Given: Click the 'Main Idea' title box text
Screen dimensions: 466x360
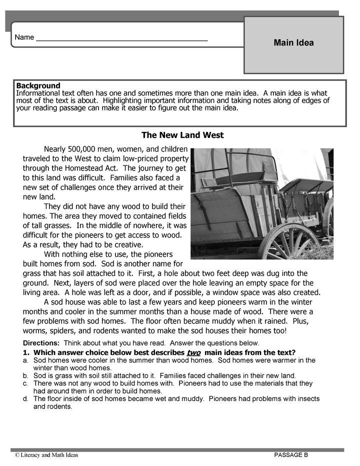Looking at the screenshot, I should [x=293, y=43].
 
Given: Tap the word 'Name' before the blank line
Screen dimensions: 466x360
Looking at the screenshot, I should [x=24, y=37].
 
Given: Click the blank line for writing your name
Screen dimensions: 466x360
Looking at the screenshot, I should [x=122, y=38].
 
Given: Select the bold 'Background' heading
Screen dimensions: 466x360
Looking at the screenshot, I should [x=38, y=85].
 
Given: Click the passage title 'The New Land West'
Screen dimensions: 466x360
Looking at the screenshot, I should [x=182, y=135].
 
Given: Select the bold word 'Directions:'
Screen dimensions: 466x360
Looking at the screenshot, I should [x=41, y=343].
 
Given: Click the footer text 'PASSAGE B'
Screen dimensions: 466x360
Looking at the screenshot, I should [x=291, y=455].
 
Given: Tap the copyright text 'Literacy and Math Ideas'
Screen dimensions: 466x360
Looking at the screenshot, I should [x=49, y=455].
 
